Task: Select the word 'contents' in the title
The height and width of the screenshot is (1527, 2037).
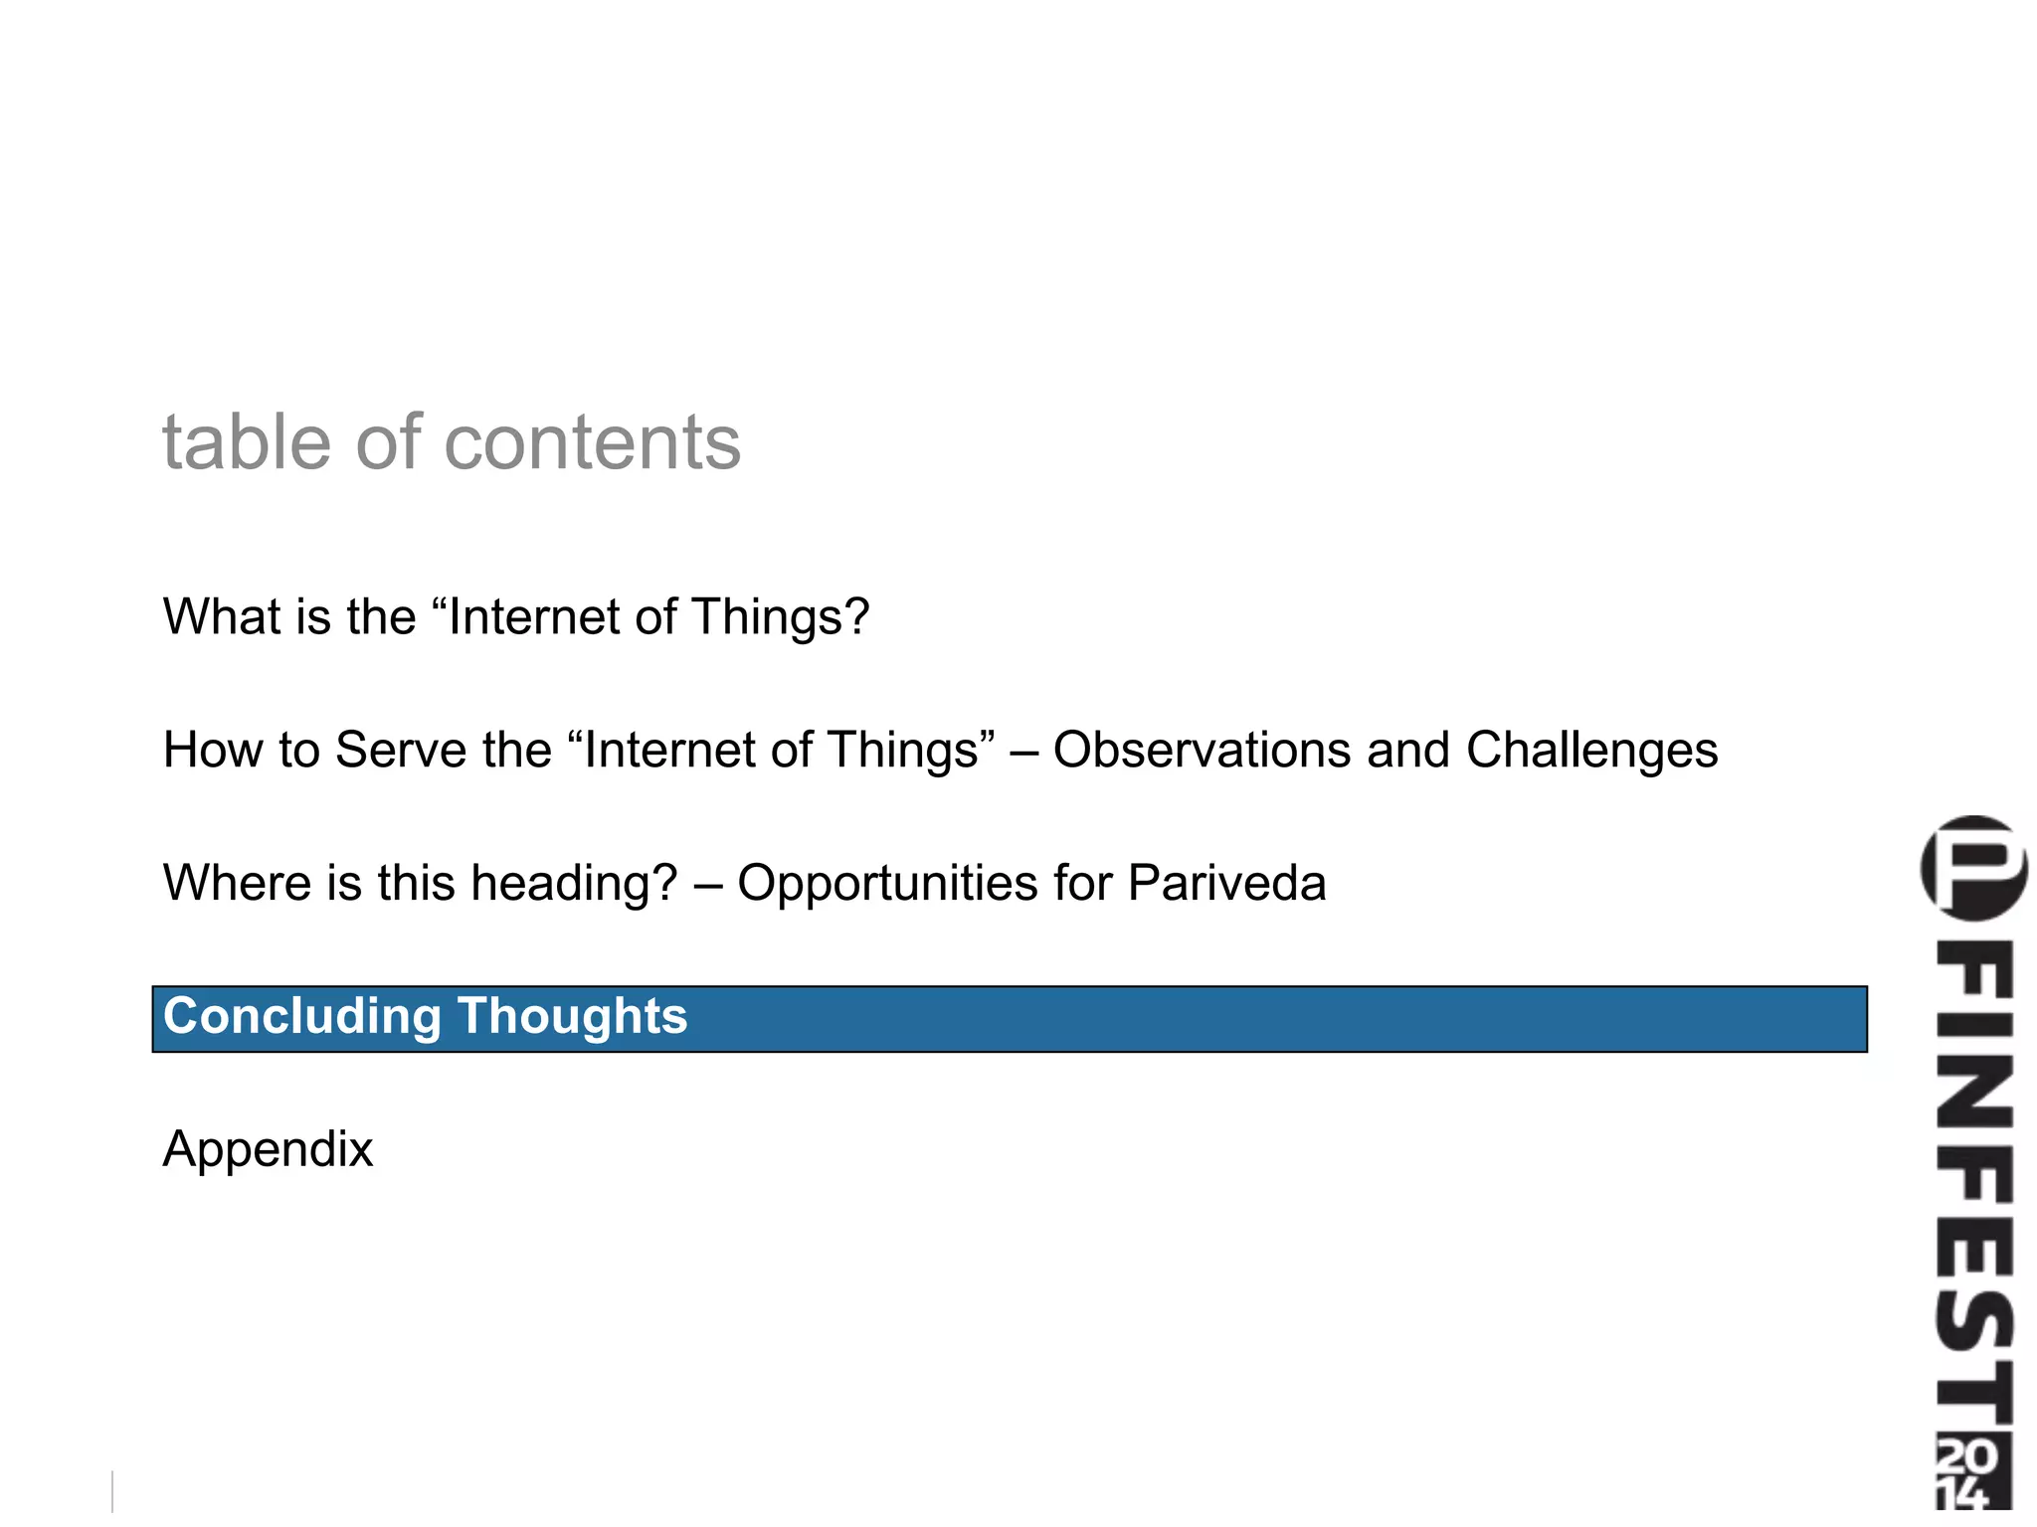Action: pos(592,444)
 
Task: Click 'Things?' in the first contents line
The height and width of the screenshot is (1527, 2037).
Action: pos(780,618)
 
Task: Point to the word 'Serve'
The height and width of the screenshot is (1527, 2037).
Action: pos(400,750)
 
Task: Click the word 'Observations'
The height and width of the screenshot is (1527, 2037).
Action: pos(1201,750)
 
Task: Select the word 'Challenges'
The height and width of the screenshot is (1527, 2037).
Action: pos(1591,752)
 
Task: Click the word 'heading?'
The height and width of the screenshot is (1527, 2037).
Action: pos(574,885)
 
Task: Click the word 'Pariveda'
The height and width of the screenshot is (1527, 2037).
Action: pos(1226,883)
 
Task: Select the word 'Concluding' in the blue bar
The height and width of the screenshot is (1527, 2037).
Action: pos(301,1018)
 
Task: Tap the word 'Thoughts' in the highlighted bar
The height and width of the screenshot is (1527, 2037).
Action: pos(572,1018)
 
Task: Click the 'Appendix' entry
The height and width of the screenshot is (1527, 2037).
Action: pos(268,1150)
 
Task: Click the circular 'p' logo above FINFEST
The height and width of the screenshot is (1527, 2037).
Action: pos(1973,868)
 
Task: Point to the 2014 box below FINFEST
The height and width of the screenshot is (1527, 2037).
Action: pos(1972,1470)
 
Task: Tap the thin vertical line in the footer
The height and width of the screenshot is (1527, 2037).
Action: pos(112,1491)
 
